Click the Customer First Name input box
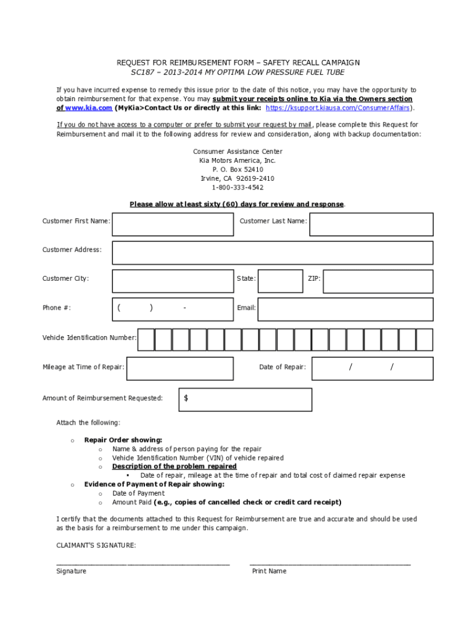(x=173, y=224)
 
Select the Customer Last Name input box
(x=371, y=224)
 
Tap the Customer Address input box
(x=272, y=252)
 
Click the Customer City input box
(x=173, y=280)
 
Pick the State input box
(x=280, y=280)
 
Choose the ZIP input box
(x=378, y=280)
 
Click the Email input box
(x=345, y=309)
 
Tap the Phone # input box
(x=173, y=309)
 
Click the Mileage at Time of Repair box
(x=180, y=368)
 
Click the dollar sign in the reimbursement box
(x=186, y=399)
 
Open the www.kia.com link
(x=89, y=108)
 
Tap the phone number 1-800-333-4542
(x=238, y=188)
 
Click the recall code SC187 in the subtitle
(x=141, y=72)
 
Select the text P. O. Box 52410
(x=238, y=169)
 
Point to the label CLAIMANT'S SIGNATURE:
(x=96, y=546)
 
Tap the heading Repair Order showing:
(x=123, y=440)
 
